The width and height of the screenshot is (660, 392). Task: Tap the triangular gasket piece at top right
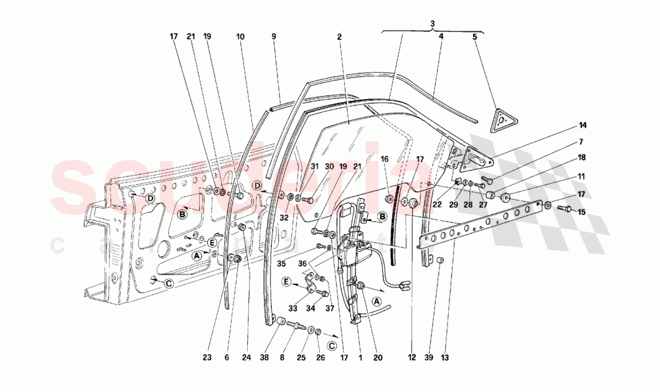[x=500, y=119]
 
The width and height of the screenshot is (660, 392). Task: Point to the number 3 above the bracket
[x=432, y=23]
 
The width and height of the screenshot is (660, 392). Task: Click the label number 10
[x=240, y=37]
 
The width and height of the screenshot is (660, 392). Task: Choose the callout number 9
[x=274, y=37]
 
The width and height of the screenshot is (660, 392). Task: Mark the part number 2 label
[x=339, y=37]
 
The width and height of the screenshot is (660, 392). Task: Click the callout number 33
[x=293, y=308]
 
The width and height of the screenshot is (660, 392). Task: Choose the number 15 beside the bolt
[x=582, y=213]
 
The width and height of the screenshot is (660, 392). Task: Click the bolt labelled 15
[x=565, y=208]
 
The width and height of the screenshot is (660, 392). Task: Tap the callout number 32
[x=283, y=217]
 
